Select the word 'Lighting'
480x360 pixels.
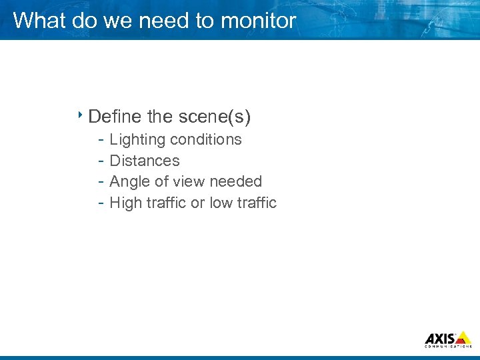tap(137, 140)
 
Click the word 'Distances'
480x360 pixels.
tap(144, 161)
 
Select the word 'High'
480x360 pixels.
tap(125, 203)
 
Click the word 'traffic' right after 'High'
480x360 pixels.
tap(165, 203)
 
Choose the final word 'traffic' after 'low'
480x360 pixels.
tap(256, 203)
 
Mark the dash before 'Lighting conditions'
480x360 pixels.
tap(99, 140)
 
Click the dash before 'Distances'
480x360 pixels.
tap(99, 161)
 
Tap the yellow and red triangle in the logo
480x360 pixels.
tap(463, 337)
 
